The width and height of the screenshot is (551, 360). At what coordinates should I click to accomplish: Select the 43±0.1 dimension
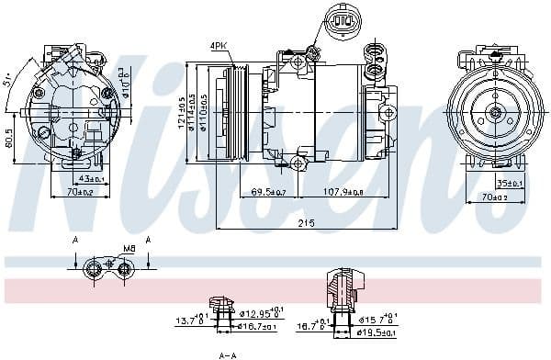coord(92,177)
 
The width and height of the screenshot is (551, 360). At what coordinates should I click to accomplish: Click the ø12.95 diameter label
coord(266,313)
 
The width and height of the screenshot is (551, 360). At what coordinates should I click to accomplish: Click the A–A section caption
coord(228,354)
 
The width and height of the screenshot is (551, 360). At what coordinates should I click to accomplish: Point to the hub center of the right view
coord(495,113)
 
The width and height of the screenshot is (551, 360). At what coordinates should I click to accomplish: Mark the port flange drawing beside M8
coord(100,268)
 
